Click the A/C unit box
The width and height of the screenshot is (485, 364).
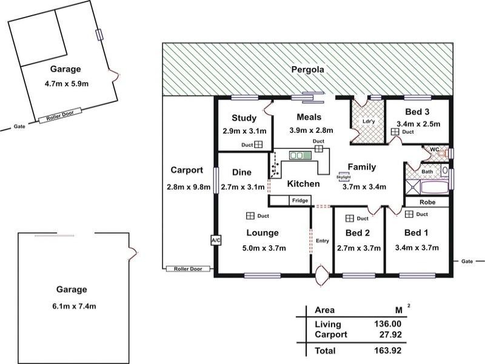click(x=216, y=240)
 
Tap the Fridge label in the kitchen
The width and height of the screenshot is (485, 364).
click(x=300, y=201)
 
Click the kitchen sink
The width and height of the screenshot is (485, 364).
click(x=299, y=155)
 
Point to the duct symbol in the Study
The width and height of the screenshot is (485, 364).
click(x=258, y=144)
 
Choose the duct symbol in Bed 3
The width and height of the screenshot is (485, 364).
click(x=395, y=132)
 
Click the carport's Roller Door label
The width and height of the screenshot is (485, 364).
click(x=188, y=269)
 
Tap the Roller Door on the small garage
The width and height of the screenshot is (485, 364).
click(x=60, y=115)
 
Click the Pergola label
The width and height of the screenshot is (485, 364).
click(x=308, y=70)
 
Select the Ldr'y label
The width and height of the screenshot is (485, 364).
click(x=369, y=121)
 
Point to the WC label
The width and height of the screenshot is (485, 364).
click(x=435, y=149)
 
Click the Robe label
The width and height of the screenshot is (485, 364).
click(x=427, y=202)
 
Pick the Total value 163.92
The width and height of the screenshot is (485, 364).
click(x=387, y=351)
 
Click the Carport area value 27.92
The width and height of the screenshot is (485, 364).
click(x=390, y=334)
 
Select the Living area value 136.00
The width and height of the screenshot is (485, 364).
click(x=387, y=324)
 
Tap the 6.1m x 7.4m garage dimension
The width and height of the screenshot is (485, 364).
click(x=74, y=306)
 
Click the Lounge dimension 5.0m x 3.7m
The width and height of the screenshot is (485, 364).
click(x=264, y=248)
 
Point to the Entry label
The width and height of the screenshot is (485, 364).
click(x=323, y=240)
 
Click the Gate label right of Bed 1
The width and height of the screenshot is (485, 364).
click(x=467, y=261)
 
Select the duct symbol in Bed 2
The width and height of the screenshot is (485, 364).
click(x=350, y=218)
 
